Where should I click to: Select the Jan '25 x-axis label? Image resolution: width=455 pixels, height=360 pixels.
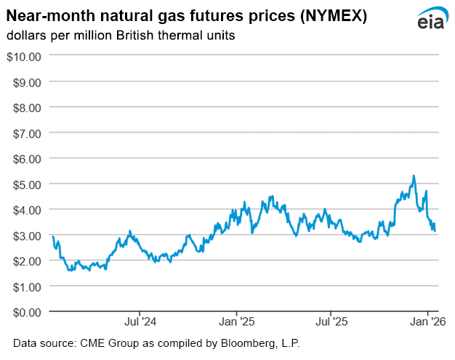coord(237,321)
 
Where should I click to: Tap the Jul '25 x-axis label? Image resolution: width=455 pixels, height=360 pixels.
coord(331,321)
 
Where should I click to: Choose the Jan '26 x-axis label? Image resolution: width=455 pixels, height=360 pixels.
coord(429,321)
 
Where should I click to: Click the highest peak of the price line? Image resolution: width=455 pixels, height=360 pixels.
coord(414,175)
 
